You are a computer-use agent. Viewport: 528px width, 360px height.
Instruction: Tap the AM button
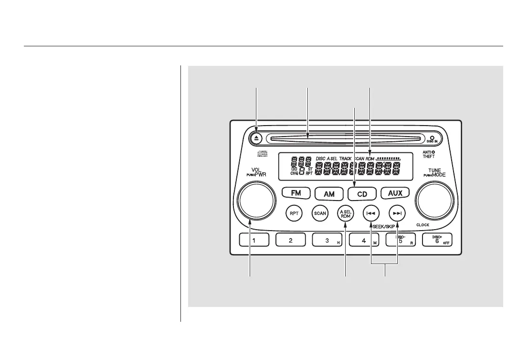click(x=329, y=194)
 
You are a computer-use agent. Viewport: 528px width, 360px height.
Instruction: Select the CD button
click(x=362, y=194)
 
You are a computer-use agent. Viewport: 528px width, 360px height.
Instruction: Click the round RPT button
click(x=294, y=213)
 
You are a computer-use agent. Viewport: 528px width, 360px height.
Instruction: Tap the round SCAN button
click(x=320, y=213)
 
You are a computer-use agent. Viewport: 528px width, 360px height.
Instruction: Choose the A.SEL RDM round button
click(x=346, y=213)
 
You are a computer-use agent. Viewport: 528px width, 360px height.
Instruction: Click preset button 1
click(x=254, y=241)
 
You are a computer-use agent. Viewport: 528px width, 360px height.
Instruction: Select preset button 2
click(x=291, y=241)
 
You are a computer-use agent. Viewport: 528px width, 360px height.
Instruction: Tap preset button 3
click(x=327, y=241)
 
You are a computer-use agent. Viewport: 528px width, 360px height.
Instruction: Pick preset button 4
click(x=364, y=241)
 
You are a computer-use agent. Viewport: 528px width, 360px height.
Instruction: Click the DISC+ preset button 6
click(x=437, y=241)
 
